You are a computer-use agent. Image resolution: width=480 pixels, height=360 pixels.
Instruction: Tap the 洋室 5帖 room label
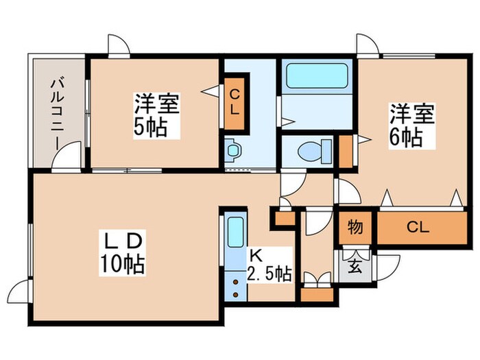click(x=156, y=116)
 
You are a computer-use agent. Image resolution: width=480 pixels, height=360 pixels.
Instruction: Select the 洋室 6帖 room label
click(x=412, y=123)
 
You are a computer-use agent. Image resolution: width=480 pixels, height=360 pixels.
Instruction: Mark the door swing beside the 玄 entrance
click(x=388, y=264)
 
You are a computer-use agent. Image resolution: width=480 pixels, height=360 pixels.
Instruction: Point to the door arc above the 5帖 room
click(x=117, y=44)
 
